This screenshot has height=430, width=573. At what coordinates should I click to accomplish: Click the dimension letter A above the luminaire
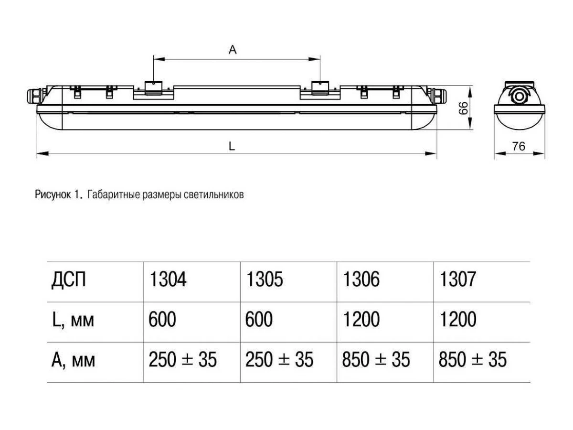[x=233, y=49]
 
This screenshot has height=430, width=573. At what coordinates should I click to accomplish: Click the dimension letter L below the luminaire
[x=231, y=146]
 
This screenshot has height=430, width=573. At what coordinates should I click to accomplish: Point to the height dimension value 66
[x=463, y=108]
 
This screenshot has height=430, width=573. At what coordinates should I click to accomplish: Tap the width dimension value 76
[x=519, y=146]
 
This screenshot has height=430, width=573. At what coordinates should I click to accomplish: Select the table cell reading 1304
[x=168, y=279]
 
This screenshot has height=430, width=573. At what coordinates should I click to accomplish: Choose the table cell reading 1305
[x=264, y=279]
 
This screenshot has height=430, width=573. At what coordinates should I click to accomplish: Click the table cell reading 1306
[x=361, y=279]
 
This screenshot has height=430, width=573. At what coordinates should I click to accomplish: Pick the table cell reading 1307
[x=457, y=279]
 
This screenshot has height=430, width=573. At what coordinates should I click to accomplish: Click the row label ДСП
[x=69, y=280]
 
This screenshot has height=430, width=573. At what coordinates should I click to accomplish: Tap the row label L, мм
[x=73, y=320]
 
